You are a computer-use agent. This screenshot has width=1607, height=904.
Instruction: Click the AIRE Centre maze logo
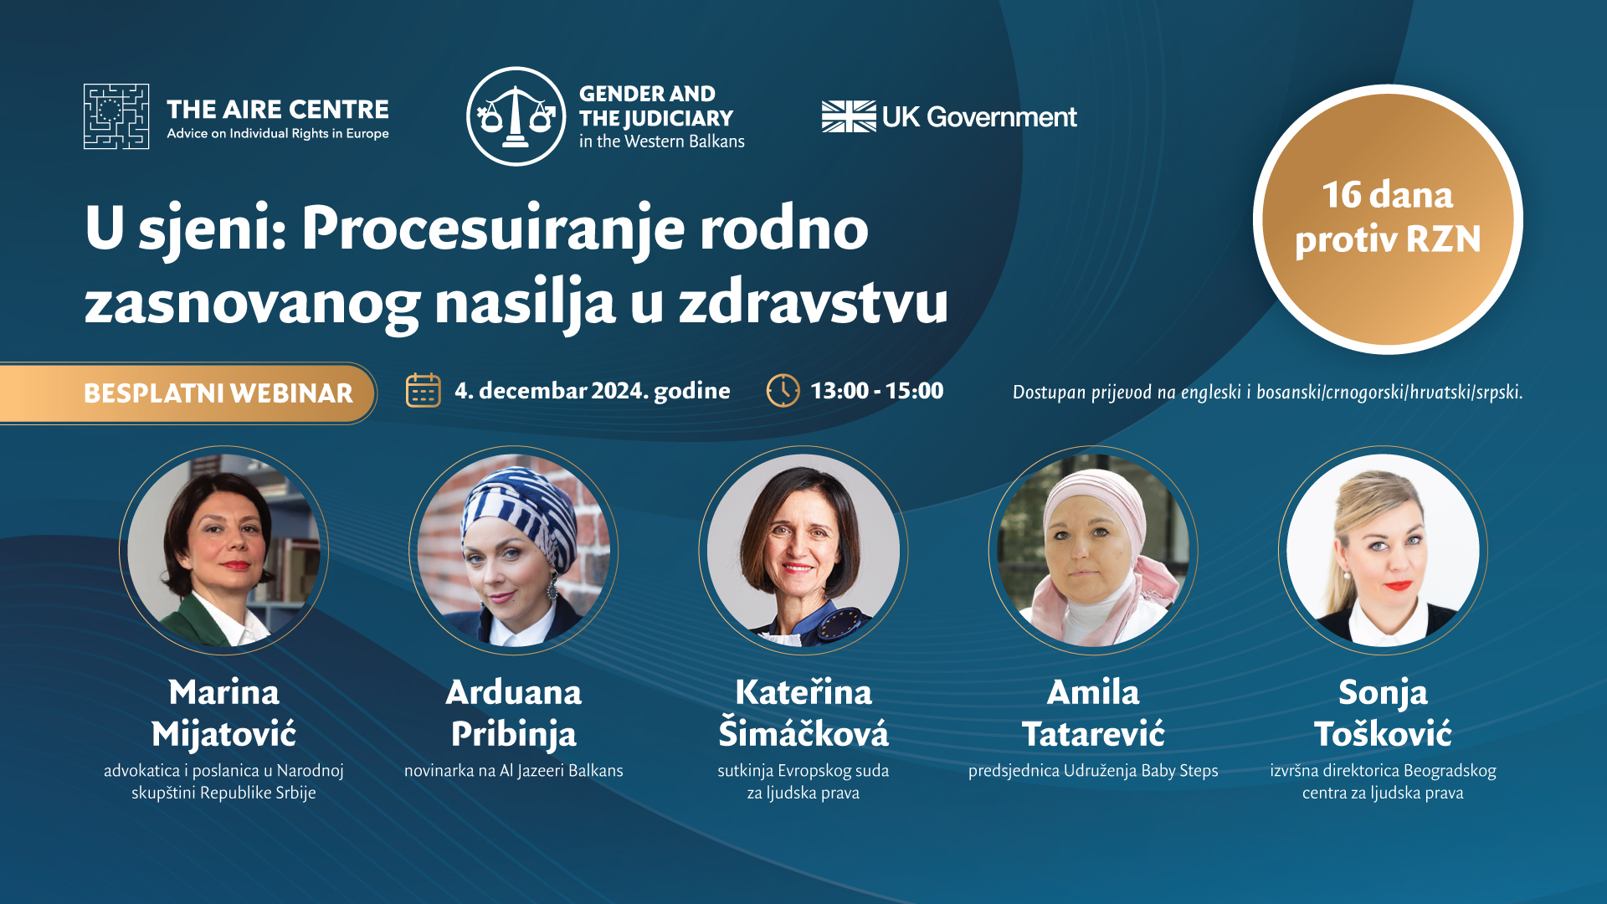[116, 116]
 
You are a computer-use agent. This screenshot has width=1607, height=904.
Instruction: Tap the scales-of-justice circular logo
[516, 116]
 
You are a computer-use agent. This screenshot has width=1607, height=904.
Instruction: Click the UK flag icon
[849, 116]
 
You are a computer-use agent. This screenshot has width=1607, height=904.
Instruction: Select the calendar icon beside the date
[424, 390]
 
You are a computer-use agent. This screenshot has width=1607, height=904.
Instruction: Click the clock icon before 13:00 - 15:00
[783, 390]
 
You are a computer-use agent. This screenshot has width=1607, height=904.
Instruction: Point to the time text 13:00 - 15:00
[877, 391]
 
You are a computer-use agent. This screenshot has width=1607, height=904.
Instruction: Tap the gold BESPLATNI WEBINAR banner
[188, 393]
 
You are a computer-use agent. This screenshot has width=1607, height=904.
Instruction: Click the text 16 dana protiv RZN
[1388, 218]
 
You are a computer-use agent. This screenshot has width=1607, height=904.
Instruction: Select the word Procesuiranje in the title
[493, 229]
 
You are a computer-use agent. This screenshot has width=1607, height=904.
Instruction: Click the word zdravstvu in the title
[814, 302]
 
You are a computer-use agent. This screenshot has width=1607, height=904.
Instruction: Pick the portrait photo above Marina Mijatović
[223, 550]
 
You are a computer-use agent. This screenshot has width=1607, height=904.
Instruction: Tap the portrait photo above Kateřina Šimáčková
[803, 550]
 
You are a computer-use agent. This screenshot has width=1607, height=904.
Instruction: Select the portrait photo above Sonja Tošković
[1383, 550]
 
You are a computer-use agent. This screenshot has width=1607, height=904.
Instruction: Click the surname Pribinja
[514, 735]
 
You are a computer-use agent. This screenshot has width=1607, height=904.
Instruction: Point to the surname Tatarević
[1093, 734]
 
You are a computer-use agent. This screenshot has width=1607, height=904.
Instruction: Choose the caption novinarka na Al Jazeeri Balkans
[514, 771]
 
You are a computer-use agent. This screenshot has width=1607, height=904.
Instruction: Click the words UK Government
[979, 117]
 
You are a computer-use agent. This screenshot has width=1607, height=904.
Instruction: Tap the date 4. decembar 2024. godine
[593, 391]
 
